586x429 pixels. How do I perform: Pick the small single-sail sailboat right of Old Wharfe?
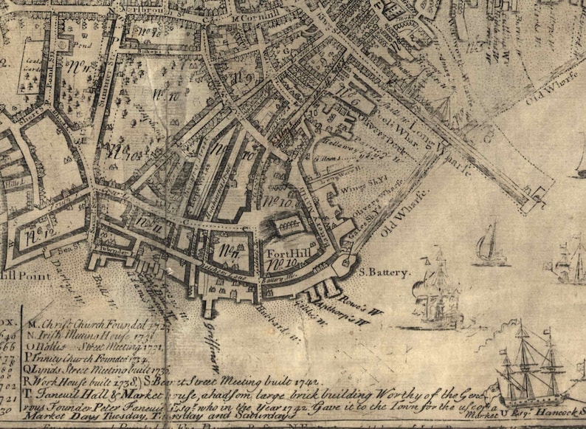(x=489, y=243)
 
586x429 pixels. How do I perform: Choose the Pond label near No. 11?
(x=78, y=44)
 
